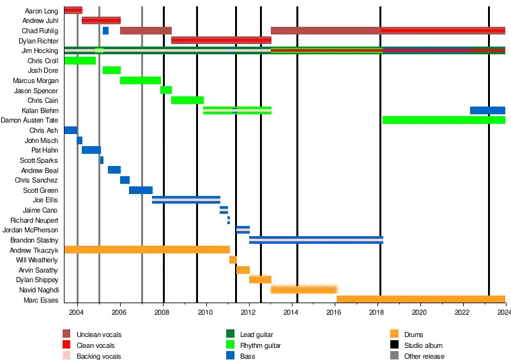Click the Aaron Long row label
(x=42, y=11)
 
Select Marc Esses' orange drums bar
(x=420, y=299)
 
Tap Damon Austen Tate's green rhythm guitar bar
(x=443, y=120)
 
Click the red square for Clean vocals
(x=66, y=345)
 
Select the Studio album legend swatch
(x=394, y=345)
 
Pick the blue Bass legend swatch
(x=230, y=356)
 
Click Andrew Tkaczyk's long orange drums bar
(x=147, y=250)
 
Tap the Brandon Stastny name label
(x=34, y=240)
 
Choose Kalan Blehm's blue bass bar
(x=487, y=110)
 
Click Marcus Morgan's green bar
(x=141, y=80)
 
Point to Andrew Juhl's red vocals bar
(x=101, y=20)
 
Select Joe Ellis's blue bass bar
(x=186, y=200)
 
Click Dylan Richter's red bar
(x=221, y=40)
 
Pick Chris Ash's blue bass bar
(x=70, y=130)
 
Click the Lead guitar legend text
(x=257, y=334)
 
